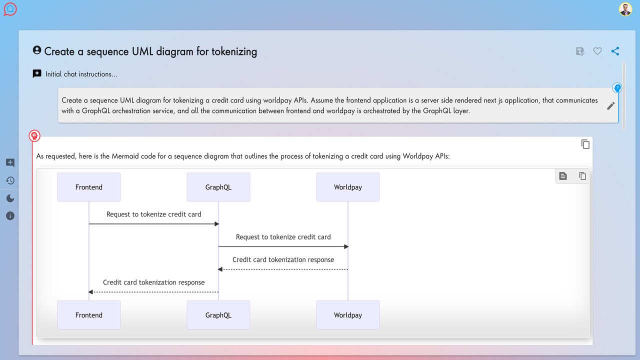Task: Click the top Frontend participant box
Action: pyautogui.click(x=89, y=187)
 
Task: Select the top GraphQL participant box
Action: pyautogui.click(x=218, y=187)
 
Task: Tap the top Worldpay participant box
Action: pyautogui.click(x=347, y=187)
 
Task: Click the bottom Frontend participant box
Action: pyautogui.click(x=89, y=315)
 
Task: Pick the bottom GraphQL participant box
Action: pyautogui.click(x=218, y=315)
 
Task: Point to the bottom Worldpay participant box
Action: pyautogui.click(x=347, y=315)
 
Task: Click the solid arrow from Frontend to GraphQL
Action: pyautogui.click(x=154, y=223)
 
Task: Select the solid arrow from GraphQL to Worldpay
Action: pyautogui.click(x=283, y=246)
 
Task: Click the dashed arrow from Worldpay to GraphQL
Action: pyautogui.click(x=283, y=269)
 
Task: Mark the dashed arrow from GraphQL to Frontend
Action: pyautogui.click(x=153, y=292)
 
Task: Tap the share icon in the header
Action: pyautogui.click(x=615, y=51)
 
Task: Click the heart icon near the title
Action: pyautogui.click(x=597, y=51)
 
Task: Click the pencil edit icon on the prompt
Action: pyautogui.click(x=611, y=105)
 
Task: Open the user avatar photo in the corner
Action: pyautogui.click(x=625, y=9)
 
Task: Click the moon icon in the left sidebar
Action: pyautogui.click(x=10, y=198)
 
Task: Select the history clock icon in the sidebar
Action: pyautogui.click(x=10, y=180)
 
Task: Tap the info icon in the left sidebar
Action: pyautogui.click(x=10, y=215)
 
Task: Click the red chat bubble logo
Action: pyautogui.click(x=10, y=9)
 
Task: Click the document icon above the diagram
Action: pyautogui.click(x=563, y=176)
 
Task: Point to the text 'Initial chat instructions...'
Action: pyautogui.click(x=81, y=74)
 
